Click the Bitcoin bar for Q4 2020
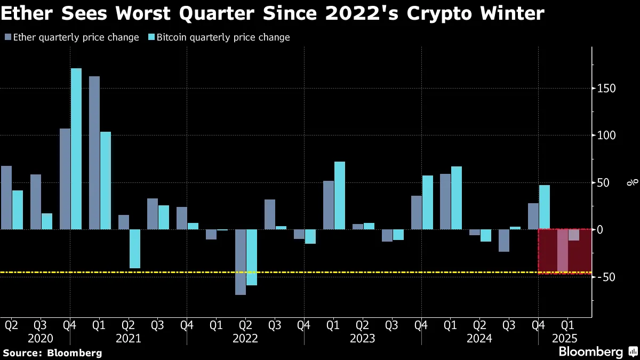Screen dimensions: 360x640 (76, 149)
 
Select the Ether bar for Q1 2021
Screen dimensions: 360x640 (94, 153)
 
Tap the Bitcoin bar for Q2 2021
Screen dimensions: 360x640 (134, 249)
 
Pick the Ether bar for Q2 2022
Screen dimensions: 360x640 (241, 262)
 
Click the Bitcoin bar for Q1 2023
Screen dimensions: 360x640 (339, 195)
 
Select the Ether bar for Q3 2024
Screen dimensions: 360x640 (504, 241)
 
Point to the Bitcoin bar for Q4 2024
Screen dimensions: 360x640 (544, 207)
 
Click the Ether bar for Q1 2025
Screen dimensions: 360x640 (563, 251)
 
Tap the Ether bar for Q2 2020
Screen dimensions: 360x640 (6, 197)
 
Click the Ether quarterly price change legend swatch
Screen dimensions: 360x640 (7, 37)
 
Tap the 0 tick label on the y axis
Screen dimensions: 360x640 (600, 230)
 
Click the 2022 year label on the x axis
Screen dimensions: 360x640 (245, 338)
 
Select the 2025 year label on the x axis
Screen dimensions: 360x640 (564, 338)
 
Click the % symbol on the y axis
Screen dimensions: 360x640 (633, 183)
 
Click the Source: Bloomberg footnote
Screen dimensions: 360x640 (52, 353)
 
